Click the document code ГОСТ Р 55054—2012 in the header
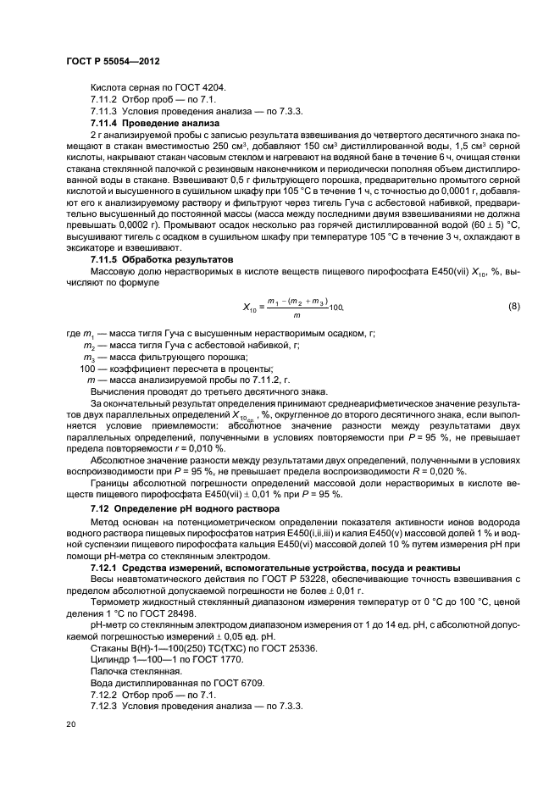113,62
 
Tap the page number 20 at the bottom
70,725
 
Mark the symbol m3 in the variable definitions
88,358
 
